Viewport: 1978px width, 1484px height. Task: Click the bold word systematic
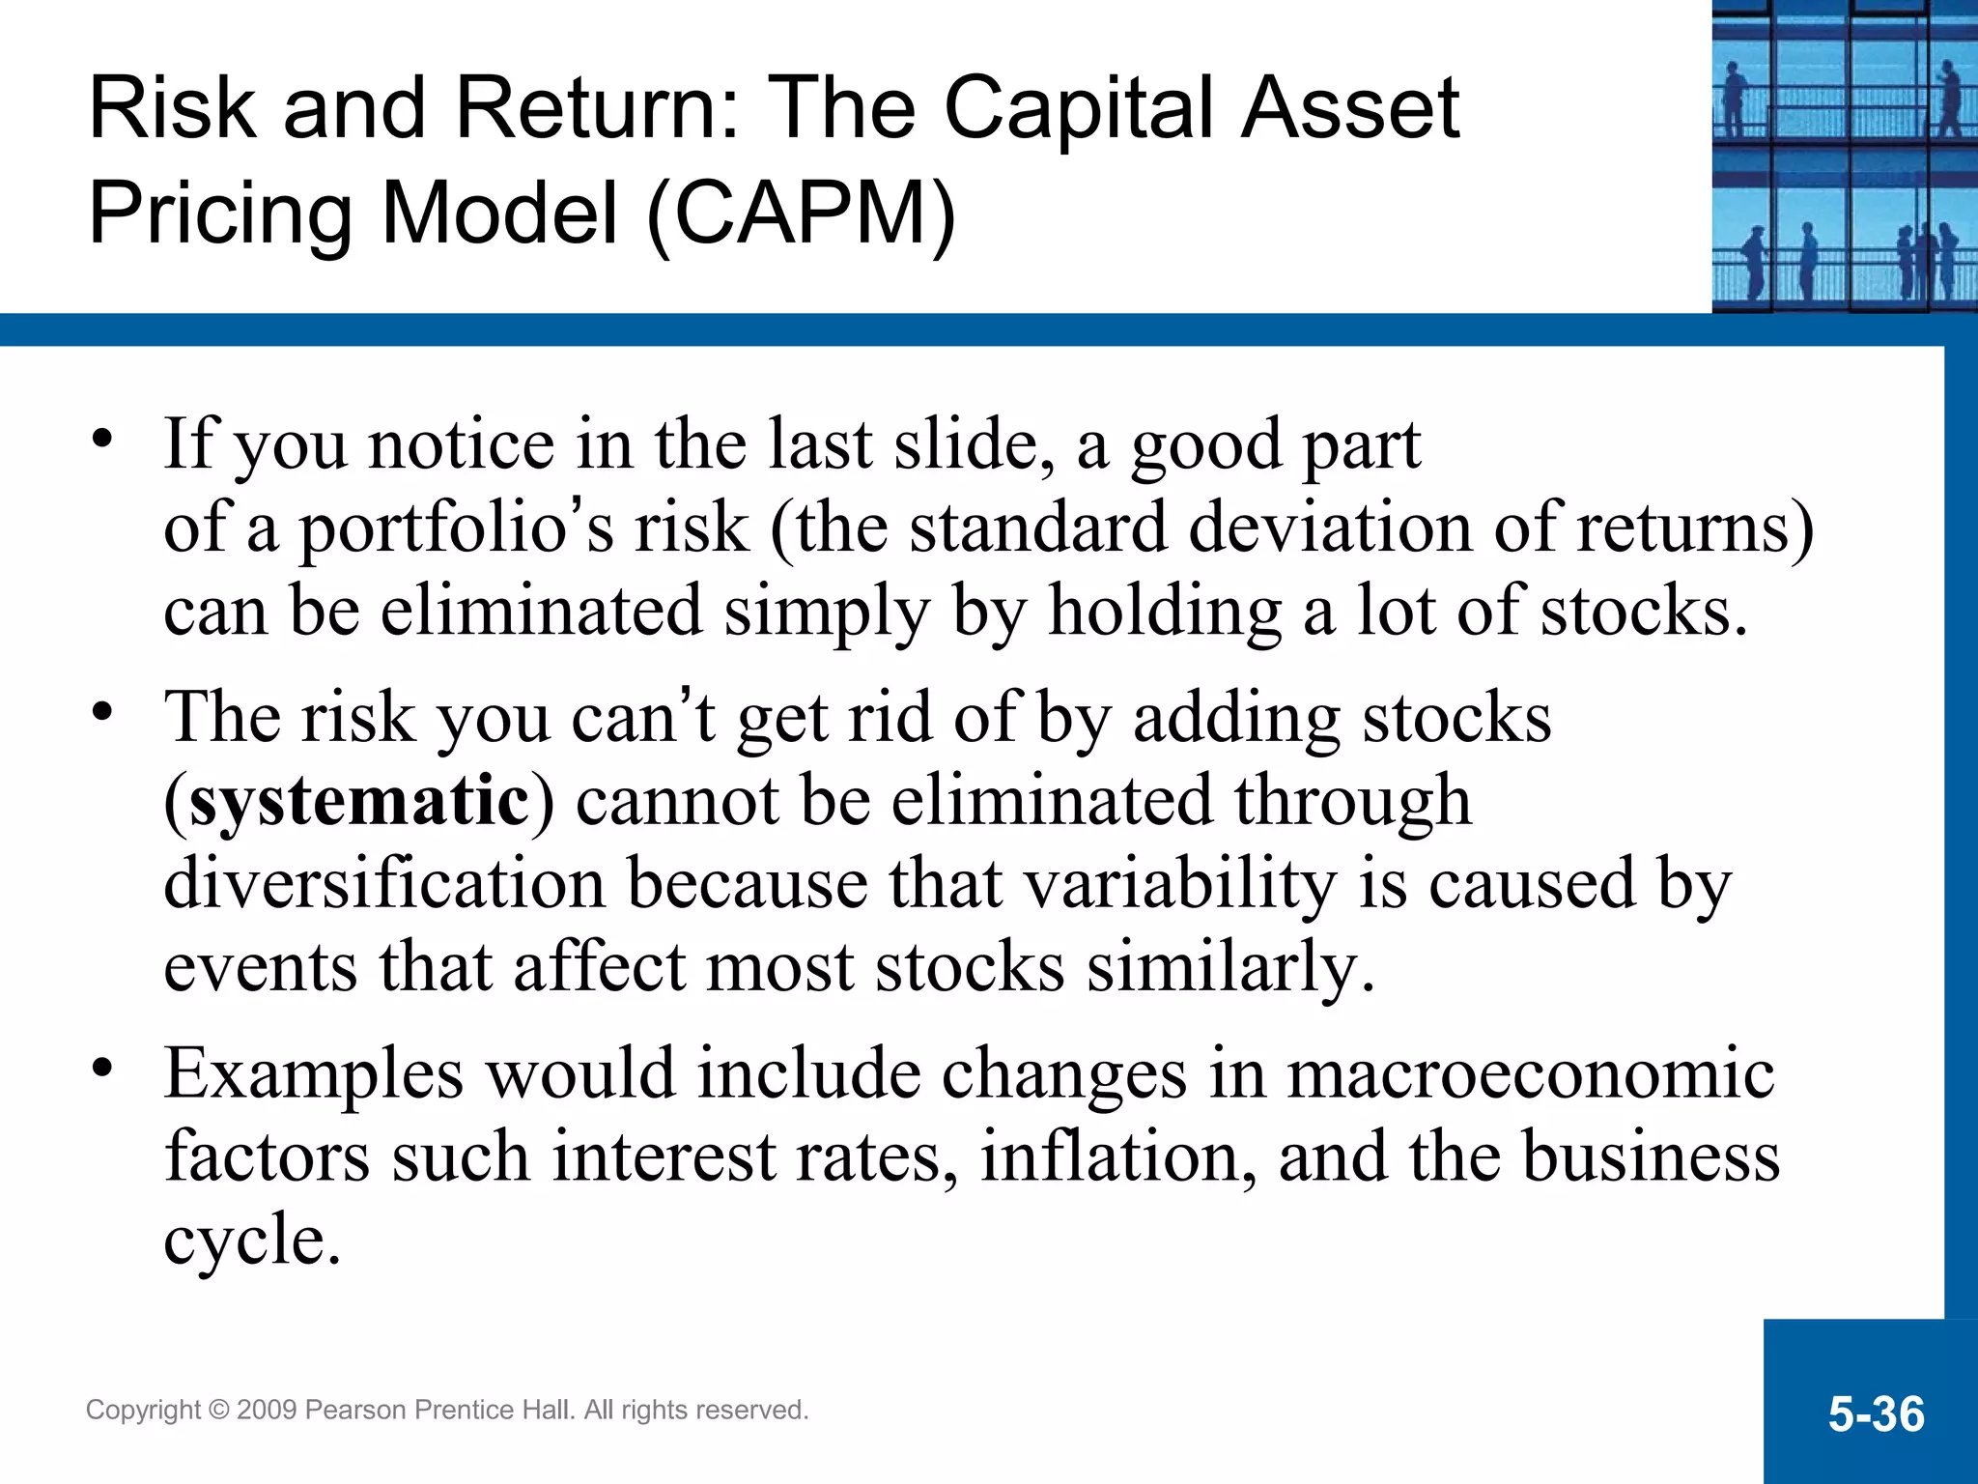(359, 802)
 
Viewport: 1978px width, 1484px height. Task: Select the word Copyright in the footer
(144, 1411)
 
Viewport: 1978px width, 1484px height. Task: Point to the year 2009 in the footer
(267, 1411)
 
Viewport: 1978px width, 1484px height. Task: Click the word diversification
(383, 884)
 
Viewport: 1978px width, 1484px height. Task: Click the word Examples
(313, 1074)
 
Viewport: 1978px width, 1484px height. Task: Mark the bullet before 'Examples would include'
(102, 1070)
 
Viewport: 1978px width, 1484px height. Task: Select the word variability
(1179, 884)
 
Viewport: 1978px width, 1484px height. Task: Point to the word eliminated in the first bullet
(541, 613)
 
